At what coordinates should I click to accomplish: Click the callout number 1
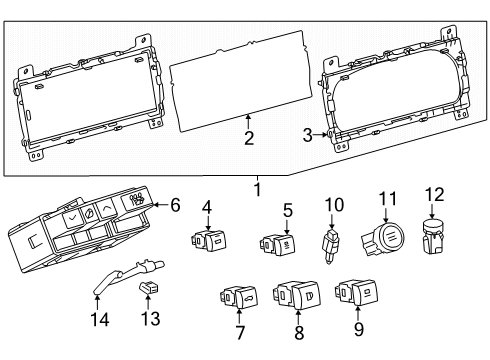point(257,188)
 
